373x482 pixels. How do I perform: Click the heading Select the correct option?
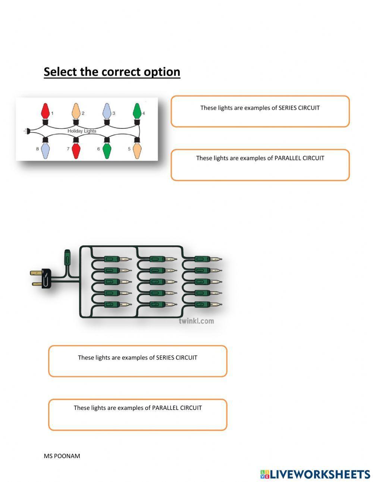112,72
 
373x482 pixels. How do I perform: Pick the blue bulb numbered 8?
46,150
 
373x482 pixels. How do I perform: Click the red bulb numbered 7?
76,150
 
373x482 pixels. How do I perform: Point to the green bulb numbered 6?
107,150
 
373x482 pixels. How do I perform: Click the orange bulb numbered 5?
137,150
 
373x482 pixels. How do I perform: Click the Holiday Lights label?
82,131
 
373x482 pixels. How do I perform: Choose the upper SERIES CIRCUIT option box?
260,111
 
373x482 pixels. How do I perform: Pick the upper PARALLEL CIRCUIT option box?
260,165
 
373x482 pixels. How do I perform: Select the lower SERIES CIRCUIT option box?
138,361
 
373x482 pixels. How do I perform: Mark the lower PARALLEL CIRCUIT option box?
138,415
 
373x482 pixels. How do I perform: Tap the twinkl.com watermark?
196,321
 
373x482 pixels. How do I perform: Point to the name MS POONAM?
62,456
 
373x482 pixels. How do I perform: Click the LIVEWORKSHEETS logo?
315,474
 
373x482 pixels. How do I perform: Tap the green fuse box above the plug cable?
68,257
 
